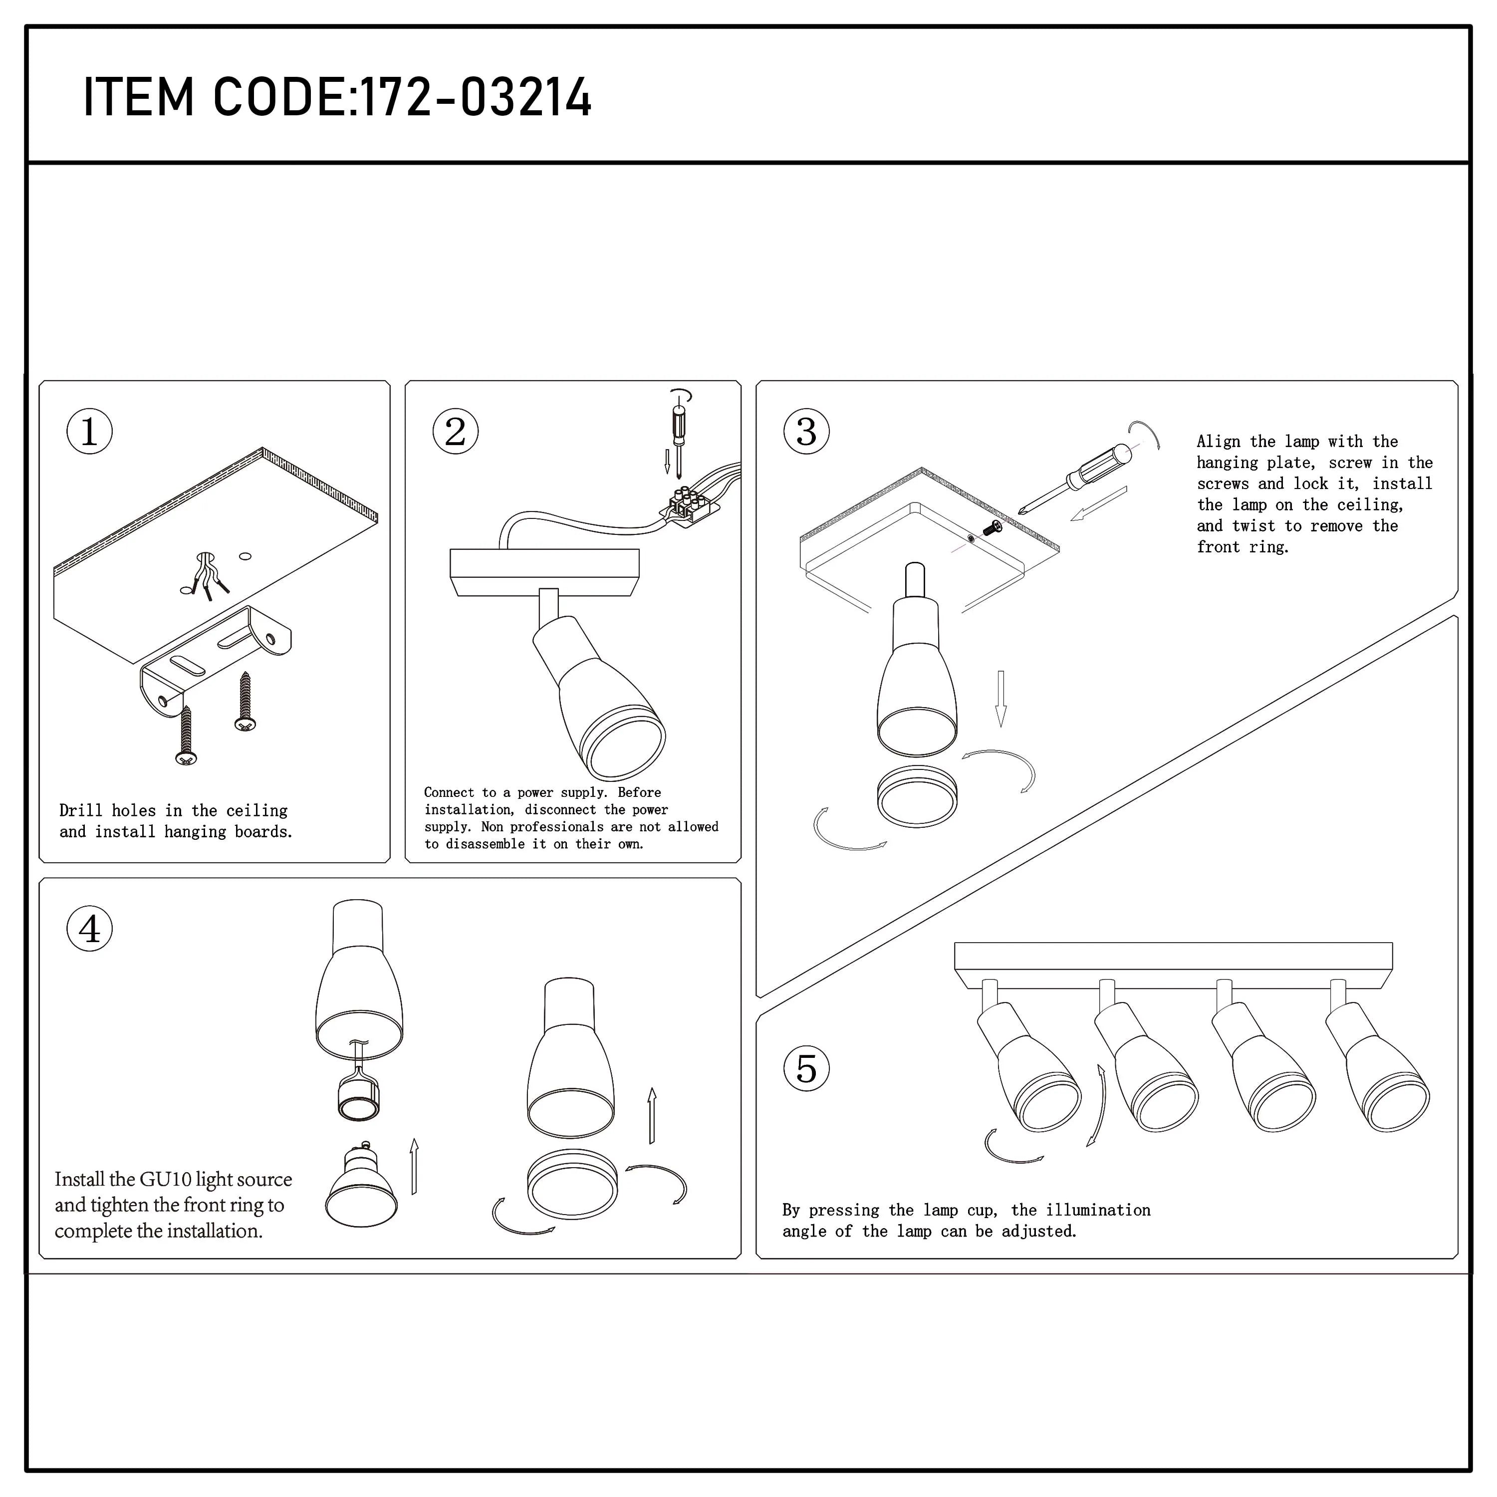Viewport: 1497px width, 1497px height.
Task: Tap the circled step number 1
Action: point(89,432)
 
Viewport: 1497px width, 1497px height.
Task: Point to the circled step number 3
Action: point(806,432)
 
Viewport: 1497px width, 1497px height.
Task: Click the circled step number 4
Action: point(89,929)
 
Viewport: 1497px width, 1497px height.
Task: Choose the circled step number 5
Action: point(806,1069)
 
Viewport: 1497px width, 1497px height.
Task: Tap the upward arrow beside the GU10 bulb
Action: point(415,1166)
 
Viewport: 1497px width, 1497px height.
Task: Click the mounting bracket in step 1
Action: point(217,659)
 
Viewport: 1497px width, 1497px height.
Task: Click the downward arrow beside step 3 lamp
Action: point(1000,698)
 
